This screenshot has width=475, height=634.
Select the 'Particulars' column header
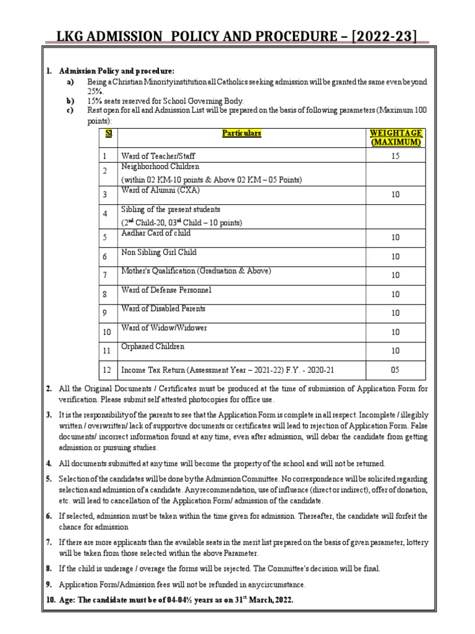tap(242, 133)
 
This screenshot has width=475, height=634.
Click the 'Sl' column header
tap(108, 133)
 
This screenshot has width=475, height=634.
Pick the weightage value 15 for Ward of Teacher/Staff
tap(395, 157)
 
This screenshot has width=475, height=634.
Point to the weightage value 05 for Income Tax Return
tap(395, 370)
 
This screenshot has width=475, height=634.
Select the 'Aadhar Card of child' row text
tap(156, 233)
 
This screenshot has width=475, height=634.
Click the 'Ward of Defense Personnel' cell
tap(166, 290)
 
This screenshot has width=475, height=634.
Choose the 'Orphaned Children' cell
tap(153, 347)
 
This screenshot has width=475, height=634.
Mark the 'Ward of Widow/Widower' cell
tap(164, 328)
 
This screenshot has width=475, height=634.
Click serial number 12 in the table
tap(107, 370)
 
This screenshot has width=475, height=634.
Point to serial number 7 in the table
tap(105, 274)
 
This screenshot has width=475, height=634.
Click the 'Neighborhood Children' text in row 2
tap(160, 167)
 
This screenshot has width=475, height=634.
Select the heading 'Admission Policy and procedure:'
tap(116, 71)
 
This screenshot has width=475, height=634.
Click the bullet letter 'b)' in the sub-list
tap(70, 100)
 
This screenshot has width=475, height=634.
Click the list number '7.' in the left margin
tap(49, 542)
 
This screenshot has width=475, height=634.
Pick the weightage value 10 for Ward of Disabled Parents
tap(395, 313)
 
